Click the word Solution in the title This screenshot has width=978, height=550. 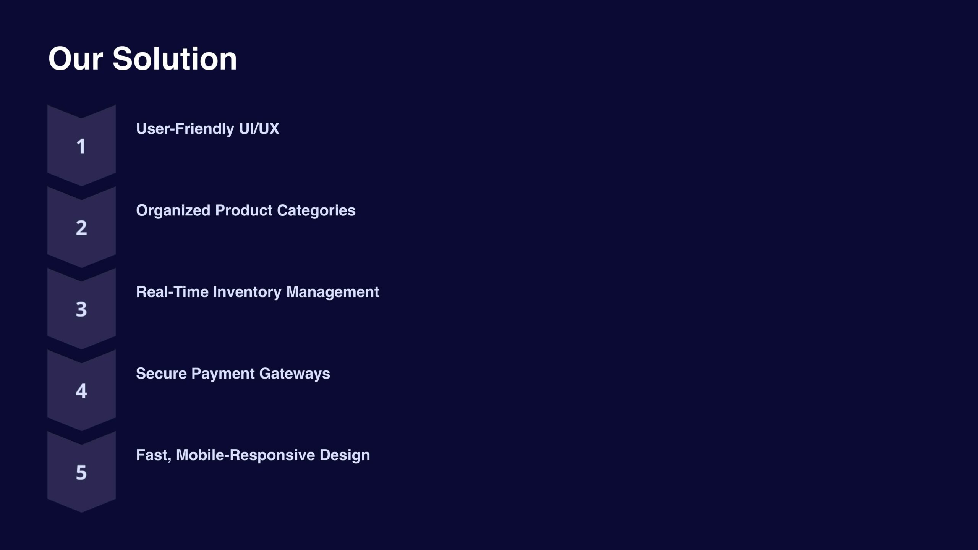tap(175, 59)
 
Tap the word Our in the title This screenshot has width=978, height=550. tap(76, 59)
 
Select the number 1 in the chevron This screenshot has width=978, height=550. tap(81, 146)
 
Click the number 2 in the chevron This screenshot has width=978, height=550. tap(81, 228)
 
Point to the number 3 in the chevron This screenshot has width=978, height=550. tap(81, 309)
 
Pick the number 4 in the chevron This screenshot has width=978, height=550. tap(81, 391)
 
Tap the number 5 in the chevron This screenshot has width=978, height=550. tap(81, 472)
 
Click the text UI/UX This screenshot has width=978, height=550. tap(259, 129)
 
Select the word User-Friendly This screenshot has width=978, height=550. tap(185, 129)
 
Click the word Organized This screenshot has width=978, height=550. tap(173, 210)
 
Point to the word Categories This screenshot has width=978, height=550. tap(316, 210)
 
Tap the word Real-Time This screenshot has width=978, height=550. tap(172, 292)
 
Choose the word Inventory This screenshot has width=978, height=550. tap(247, 292)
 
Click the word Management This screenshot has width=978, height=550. tap(333, 292)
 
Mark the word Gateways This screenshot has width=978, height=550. tap(295, 374)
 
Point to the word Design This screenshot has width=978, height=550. tap(345, 455)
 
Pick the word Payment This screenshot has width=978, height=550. tap(223, 374)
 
